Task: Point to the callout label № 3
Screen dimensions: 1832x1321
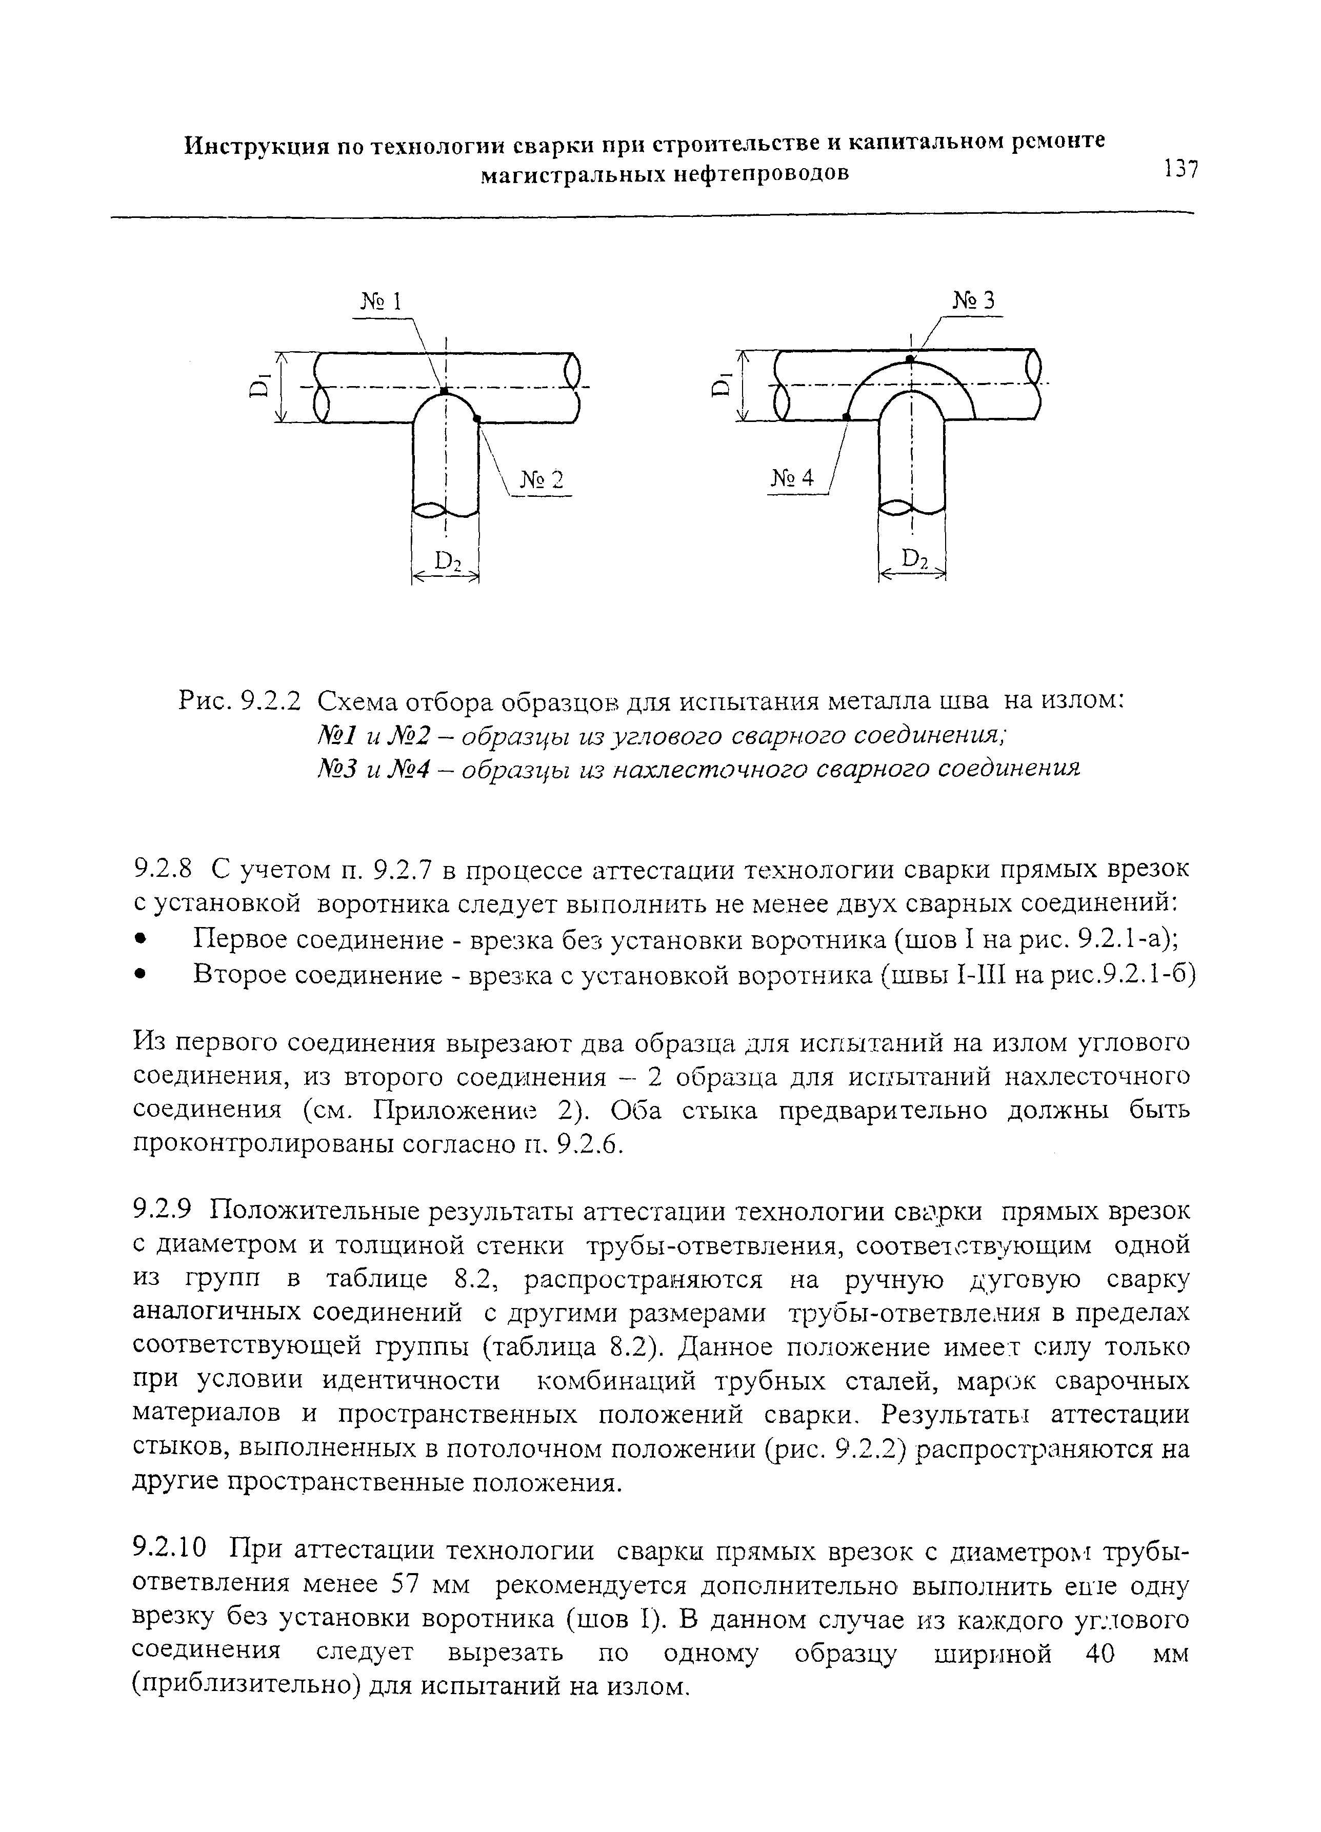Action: pos(974,300)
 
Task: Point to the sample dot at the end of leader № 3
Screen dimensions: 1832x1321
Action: pos(911,358)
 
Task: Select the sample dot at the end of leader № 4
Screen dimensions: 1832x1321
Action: pos(846,415)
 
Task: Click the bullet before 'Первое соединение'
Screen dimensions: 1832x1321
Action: pos(140,940)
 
